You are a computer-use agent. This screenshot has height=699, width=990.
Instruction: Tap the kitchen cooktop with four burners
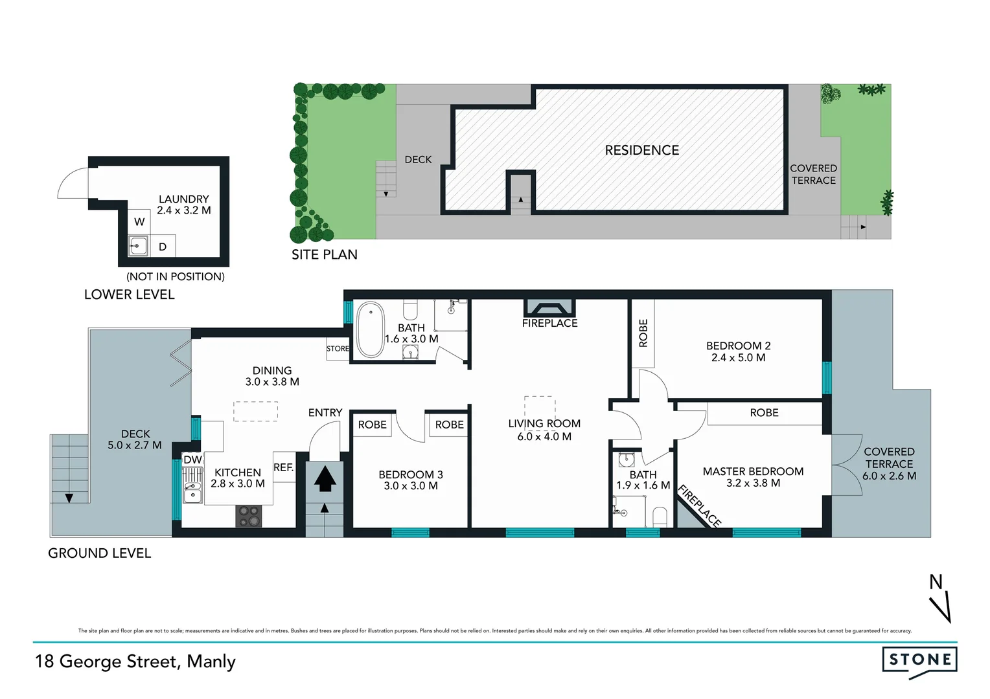[x=249, y=516]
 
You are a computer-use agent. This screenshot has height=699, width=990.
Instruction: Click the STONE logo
[x=919, y=661]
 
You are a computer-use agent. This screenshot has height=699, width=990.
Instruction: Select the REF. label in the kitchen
[x=283, y=467]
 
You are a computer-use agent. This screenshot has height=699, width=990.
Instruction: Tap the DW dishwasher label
[x=192, y=460]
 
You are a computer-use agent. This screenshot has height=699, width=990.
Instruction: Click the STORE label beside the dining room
[x=338, y=349]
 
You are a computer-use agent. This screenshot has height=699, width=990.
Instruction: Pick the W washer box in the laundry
[x=139, y=222]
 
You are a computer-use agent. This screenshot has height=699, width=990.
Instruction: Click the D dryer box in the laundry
[x=163, y=247]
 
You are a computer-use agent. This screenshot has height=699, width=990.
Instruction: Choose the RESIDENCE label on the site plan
[x=641, y=150]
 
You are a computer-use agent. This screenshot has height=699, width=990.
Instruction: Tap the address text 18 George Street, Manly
[x=135, y=661]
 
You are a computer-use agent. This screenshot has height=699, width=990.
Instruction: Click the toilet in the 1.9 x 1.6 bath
[x=660, y=517]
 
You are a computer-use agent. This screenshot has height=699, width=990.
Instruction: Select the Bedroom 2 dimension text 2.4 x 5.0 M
[x=738, y=358]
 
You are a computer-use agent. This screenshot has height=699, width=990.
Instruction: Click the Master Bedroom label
[x=753, y=472]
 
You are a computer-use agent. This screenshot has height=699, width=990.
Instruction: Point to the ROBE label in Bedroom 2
[x=643, y=333]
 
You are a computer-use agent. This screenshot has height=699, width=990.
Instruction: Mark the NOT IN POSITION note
[x=176, y=276]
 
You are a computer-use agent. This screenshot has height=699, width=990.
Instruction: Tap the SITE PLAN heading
[x=324, y=254]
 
